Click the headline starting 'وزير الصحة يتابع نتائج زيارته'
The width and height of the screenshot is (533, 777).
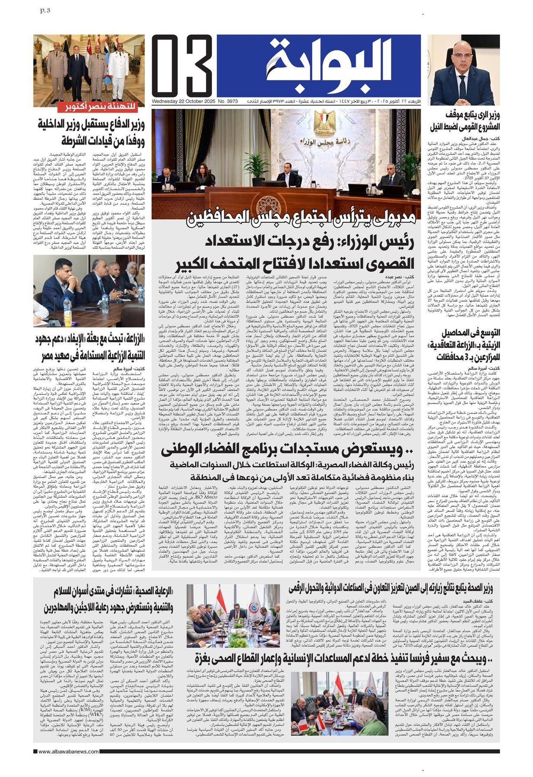point(390,588)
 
